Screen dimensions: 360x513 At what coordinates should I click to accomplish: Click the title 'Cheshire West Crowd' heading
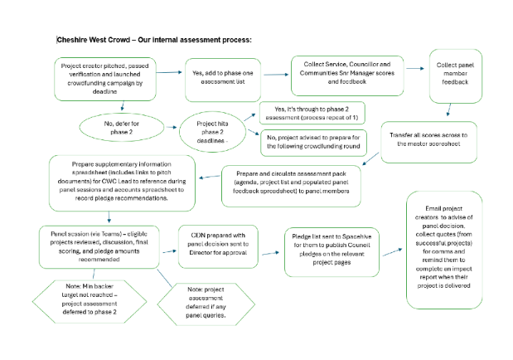pos(153,40)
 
